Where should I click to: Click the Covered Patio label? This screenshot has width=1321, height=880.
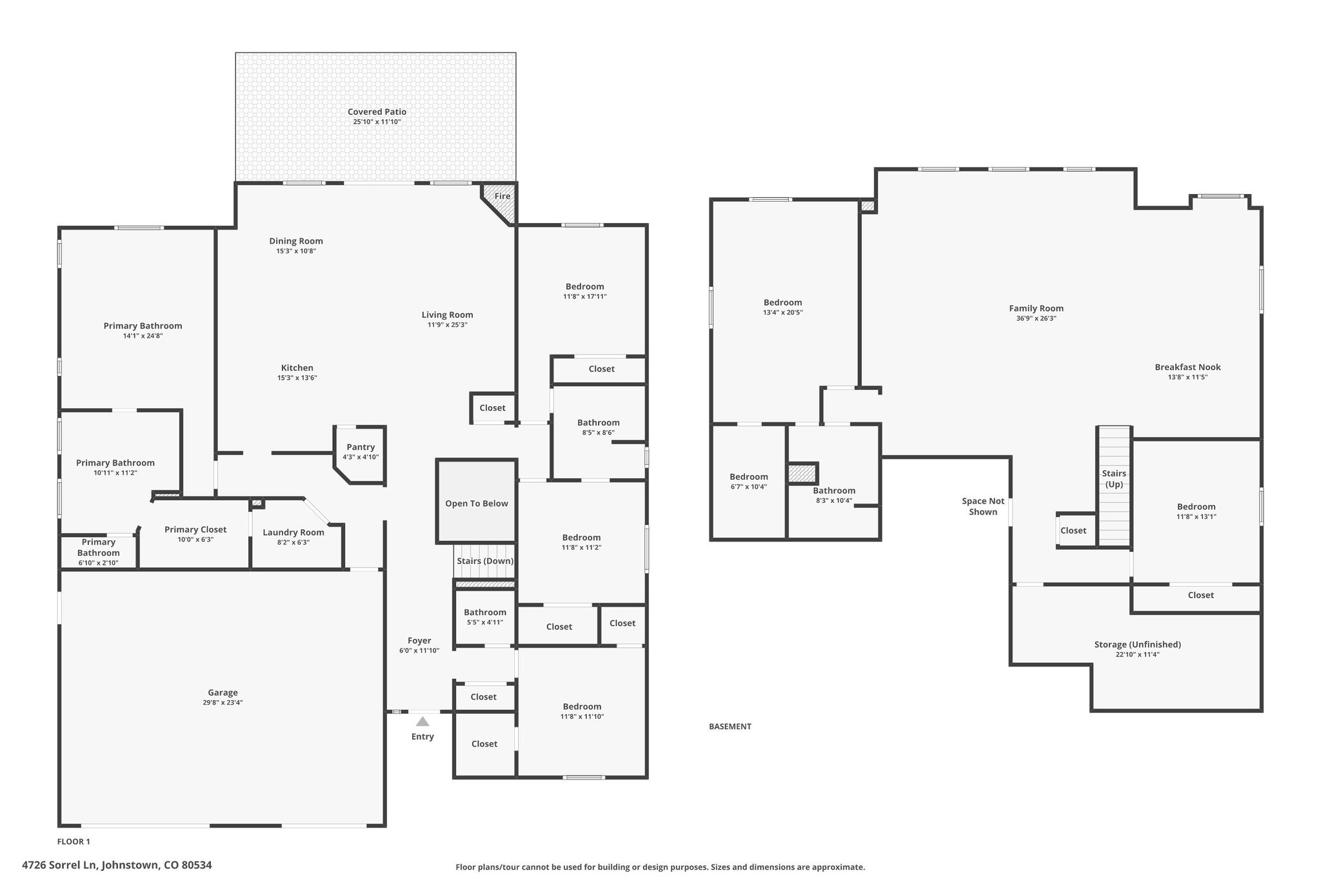click(x=377, y=112)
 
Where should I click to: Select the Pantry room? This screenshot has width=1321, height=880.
click(x=360, y=455)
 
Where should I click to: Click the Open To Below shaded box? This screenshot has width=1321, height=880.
click(x=477, y=501)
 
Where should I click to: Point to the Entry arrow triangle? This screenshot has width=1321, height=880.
click(x=422, y=721)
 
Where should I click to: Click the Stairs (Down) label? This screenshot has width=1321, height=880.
click(x=485, y=561)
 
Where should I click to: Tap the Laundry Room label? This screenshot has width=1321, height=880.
click(x=293, y=532)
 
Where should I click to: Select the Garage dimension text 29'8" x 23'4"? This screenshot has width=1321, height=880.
click(x=223, y=703)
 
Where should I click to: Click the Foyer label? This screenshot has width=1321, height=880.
click(x=419, y=640)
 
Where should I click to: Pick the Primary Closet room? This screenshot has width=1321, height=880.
click(x=195, y=534)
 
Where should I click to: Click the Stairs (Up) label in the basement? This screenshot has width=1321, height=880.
click(x=1114, y=478)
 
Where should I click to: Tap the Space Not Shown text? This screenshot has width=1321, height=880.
click(x=983, y=506)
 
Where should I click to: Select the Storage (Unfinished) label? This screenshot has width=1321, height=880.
click(x=1137, y=644)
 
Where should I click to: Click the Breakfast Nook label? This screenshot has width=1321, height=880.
click(x=1187, y=367)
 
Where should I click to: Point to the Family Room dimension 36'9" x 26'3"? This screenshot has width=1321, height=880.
click(x=1036, y=318)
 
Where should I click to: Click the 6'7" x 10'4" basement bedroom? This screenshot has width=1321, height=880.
click(x=748, y=481)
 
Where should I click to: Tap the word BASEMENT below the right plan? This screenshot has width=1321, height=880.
click(x=730, y=727)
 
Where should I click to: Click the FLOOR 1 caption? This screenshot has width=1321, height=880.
click(x=74, y=841)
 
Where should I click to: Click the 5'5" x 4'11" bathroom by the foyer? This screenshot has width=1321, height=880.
click(x=485, y=616)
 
